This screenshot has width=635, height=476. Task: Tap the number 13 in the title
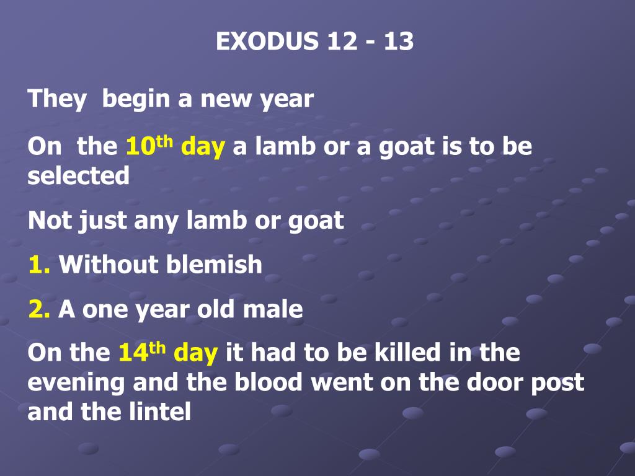click(x=398, y=42)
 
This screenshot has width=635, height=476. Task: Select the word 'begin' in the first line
click(x=135, y=99)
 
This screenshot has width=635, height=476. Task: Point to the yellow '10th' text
click(x=149, y=148)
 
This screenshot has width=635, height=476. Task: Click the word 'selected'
click(x=78, y=176)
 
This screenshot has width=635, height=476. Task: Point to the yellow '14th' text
click(x=141, y=353)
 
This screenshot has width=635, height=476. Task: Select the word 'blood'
click(x=269, y=382)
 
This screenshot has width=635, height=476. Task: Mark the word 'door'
click(x=487, y=382)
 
